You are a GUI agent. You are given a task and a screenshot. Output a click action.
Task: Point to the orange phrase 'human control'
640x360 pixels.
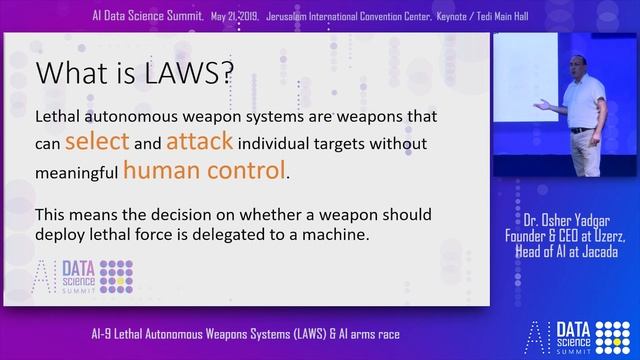point(204,171)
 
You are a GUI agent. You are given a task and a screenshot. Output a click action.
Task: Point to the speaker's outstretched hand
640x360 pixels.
point(539,104)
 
